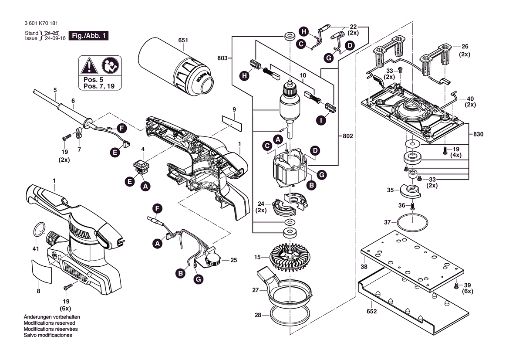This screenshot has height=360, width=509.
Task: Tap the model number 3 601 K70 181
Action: [x=41, y=24]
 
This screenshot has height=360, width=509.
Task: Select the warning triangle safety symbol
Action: [x=89, y=67]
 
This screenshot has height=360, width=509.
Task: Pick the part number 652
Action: [x=371, y=312]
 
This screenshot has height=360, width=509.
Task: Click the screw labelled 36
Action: [x=412, y=205]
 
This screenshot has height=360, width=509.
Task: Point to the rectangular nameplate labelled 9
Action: [x=232, y=122]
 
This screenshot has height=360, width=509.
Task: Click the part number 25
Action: [x=234, y=260]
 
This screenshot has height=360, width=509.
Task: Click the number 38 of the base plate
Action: [x=364, y=266]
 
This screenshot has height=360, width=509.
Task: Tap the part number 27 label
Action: [x=256, y=290]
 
